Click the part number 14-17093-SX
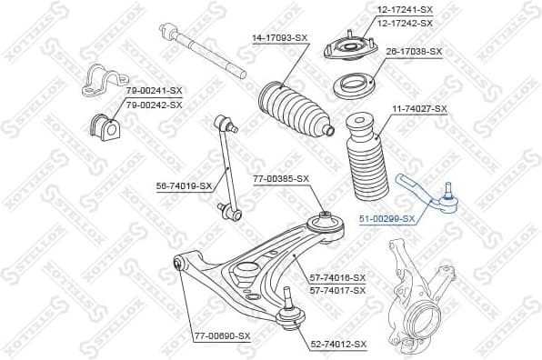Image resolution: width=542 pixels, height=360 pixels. click(x=279, y=37)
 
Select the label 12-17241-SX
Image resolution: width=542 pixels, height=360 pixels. click(x=405, y=9)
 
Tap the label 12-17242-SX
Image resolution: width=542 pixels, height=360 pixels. click(x=405, y=22)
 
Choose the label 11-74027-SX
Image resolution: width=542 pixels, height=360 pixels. click(x=419, y=109)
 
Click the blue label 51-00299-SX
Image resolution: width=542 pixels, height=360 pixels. click(x=386, y=218)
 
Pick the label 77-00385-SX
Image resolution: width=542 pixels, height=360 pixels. click(x=280, y=178)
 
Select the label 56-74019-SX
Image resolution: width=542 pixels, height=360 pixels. click(x=184, y=185)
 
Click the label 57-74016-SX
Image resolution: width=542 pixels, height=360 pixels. click(x=337, y=277)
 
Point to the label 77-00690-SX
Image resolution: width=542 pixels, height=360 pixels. click(x=222, y=335)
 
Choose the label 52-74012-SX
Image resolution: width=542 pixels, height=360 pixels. click(x=338, y=344)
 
